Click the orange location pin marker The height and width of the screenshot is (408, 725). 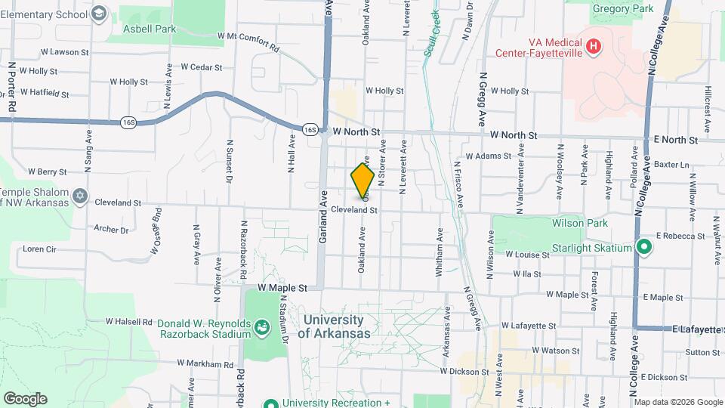(362, 180)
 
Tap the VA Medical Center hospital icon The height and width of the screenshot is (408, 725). (594, 47)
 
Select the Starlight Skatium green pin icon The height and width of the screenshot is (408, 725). (643, 247)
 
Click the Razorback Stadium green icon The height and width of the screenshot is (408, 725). (261, 327)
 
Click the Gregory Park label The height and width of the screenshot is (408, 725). (622, 8)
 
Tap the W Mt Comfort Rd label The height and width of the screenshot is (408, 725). (248, 41)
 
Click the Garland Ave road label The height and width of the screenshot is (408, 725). (322, 227)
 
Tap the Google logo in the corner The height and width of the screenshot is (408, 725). (25, 399)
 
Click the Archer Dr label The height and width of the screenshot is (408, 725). (112, 228)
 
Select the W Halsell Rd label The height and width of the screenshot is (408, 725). (129, 321)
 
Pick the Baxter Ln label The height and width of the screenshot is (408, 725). (672, 164)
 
